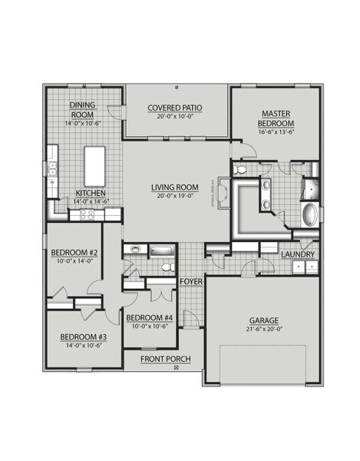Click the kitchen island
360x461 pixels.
(x=95, y=164)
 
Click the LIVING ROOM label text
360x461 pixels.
(x=176, y=187)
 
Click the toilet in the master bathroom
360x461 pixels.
(x=240, y=169)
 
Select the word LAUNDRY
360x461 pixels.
(x=296, y=254)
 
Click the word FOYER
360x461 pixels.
(x=190, y=282)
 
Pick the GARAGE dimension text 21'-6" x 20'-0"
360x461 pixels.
(x=263, y=331)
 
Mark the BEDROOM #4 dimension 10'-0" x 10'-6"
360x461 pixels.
(x=149, y=326)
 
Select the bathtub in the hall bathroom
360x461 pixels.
(x=162, y=250)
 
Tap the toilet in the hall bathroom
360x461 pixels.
(x=166, y=267)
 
